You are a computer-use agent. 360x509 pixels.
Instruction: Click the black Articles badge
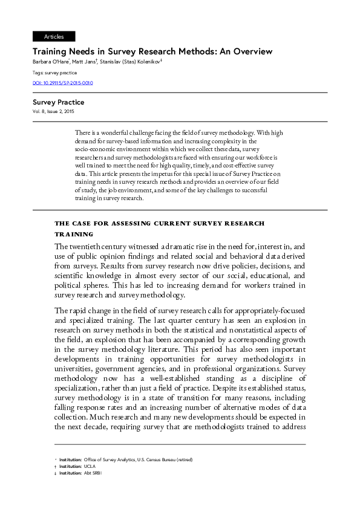(54, 37)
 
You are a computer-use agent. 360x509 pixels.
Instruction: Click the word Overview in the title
(247, 51)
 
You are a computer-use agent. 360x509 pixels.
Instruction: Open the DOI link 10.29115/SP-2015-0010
(62, 83)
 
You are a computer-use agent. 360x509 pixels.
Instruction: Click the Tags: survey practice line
(54, 73)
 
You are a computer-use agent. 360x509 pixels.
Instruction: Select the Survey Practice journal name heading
(58, 102)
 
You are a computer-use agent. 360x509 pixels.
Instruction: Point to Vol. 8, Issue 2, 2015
(53, 112)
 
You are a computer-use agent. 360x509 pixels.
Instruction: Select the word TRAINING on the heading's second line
(74, 233)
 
